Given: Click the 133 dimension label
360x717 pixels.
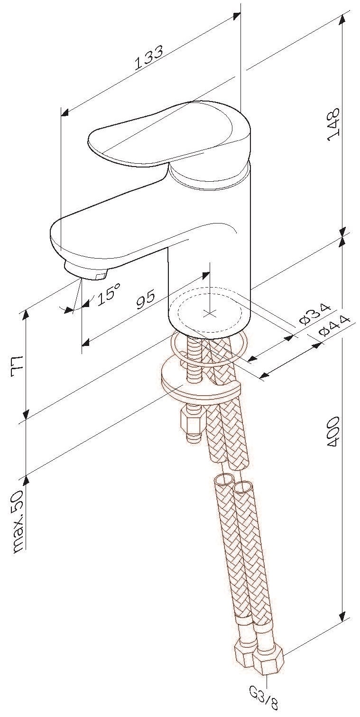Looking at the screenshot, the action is click(x=149, y=57).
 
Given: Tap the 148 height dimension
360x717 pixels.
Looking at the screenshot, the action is click(x=333, y=124).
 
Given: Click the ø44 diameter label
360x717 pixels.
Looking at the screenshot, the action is click(x=335, y=326).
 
